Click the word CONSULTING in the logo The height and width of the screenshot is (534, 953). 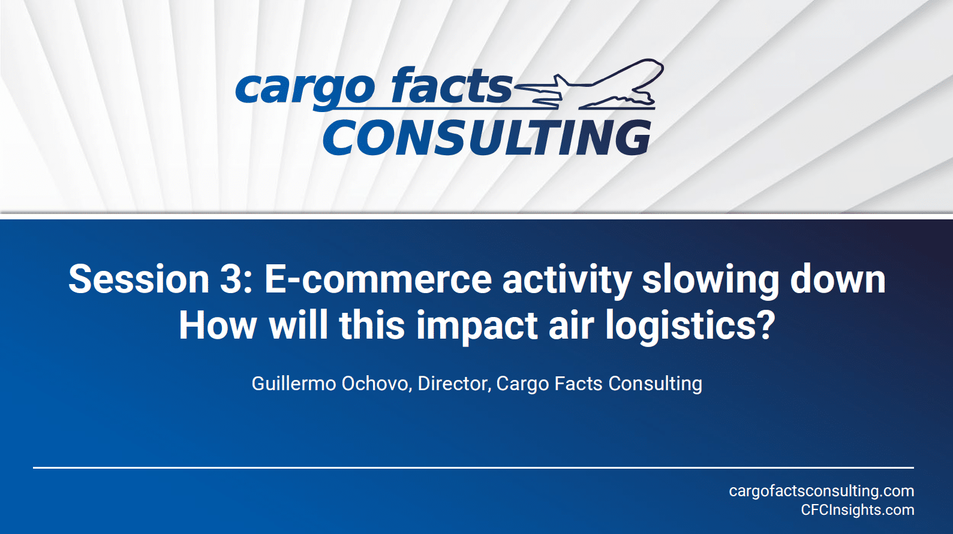click(488, 137)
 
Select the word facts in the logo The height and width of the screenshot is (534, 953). click(452, 86)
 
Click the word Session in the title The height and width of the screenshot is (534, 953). click(139, 279)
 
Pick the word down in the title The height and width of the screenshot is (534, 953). click(838, 279)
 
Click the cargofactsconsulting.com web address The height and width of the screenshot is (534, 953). click(822, 491)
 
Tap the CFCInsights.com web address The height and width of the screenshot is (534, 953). click(858, 510)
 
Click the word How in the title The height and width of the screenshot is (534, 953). click(218, 325)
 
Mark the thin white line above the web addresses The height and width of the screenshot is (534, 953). click(474, 467)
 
